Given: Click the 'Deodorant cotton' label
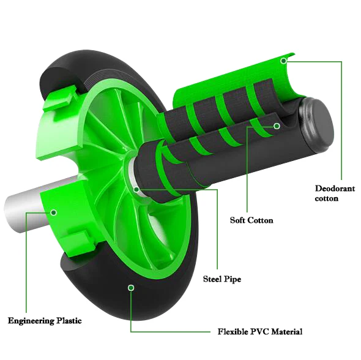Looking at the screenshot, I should click(x=334, y=193).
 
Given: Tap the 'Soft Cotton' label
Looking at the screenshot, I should click(x=251, y=220).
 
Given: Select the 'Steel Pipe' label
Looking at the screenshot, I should click(x=221, y=279).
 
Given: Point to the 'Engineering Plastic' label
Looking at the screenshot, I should click(x=44, y=320).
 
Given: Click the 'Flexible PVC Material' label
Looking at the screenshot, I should click(x=259, y=332).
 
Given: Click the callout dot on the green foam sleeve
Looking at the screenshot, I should click(x=283, y=61).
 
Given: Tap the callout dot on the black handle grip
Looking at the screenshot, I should click(x=277, y=126).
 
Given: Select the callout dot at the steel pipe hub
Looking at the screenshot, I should click(x=136, y=189).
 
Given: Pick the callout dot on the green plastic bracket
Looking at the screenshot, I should click(x=54, y=212).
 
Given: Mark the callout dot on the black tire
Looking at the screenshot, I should click(x=130, y=287).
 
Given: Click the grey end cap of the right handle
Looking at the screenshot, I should click(x=322, y=126).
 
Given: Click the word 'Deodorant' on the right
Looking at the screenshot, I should click(x=335, y=188).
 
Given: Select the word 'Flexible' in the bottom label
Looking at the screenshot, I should click(x=233, y=332).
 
